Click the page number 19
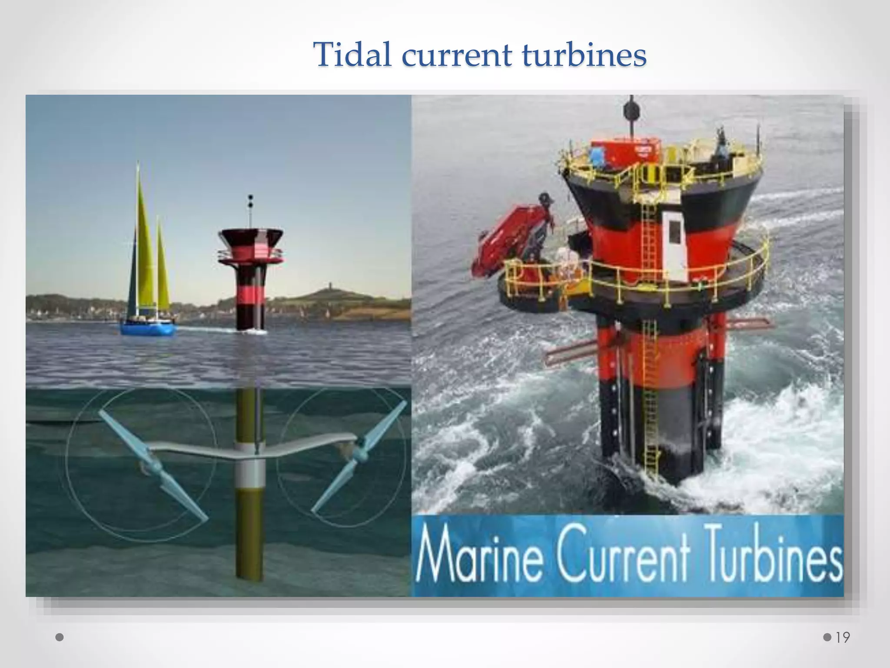click(843, 638)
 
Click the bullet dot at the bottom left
click(60, 638)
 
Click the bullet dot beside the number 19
click(827, 638)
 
